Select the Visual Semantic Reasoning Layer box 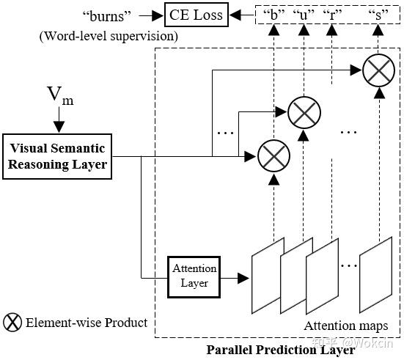pos(56,155)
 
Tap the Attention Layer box pos(194,277)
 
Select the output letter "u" pos(302,14)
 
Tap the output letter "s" pos(378,14)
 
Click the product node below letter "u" pos(302,112)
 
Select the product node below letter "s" pos(378,71)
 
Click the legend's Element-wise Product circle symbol pos(12,323)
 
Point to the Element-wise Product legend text pos(87,323)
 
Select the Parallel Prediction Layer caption pos(281,350)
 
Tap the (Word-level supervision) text pos(120,34)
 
